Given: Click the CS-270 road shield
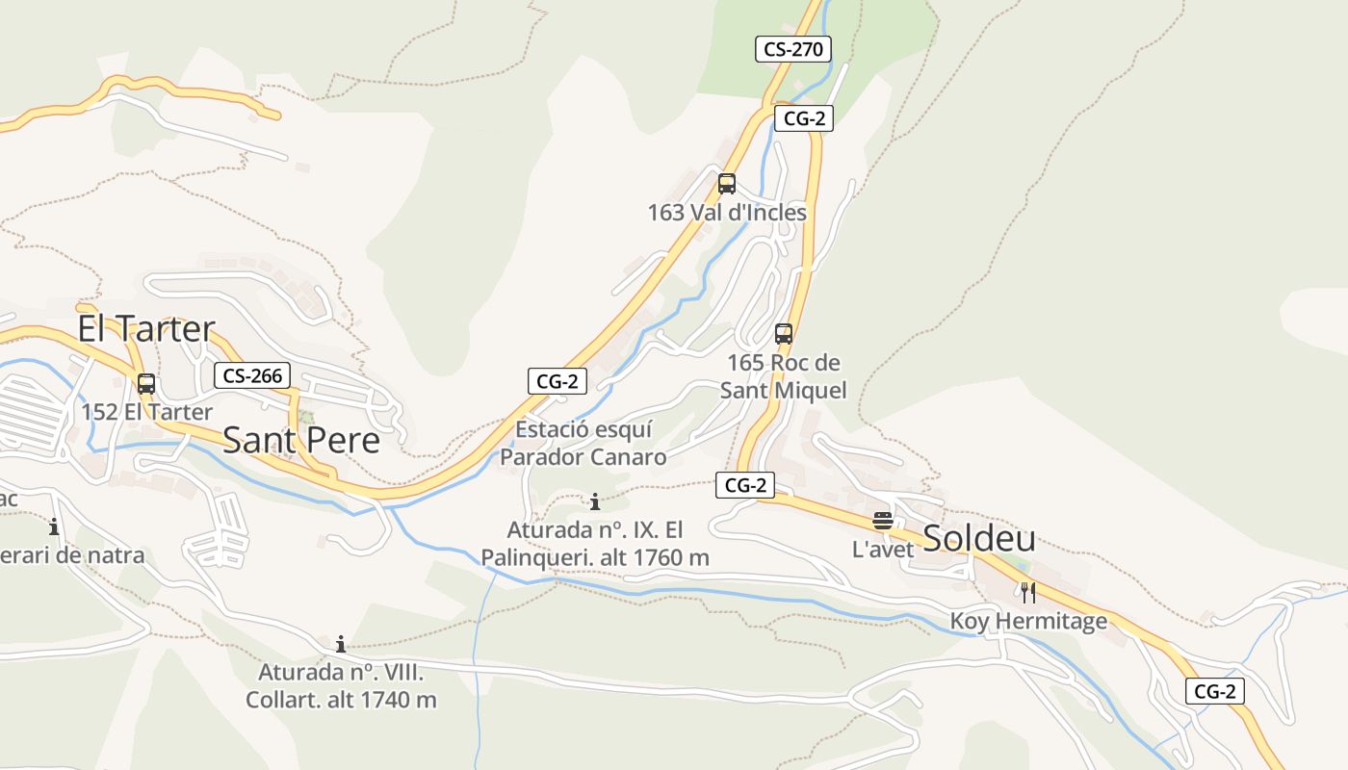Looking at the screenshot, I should coord(792,49).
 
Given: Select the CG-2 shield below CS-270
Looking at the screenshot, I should coord(803,118).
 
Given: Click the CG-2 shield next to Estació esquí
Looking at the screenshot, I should coord(557,381).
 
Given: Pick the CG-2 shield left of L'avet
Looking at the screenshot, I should coord(744,486).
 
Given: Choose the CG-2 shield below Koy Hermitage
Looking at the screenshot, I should coord(1214,691).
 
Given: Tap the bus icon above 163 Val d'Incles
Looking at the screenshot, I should coord(727,184).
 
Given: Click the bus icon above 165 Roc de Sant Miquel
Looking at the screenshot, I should coord(784,334).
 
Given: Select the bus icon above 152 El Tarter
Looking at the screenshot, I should coord(146,383).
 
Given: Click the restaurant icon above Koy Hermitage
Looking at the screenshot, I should coord(1028,592).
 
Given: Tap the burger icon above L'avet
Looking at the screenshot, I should coord(882,522).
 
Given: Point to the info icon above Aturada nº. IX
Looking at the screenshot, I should coord(595,501).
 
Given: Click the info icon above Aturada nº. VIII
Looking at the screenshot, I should coord(340,644).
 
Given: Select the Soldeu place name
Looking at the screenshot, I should coord(979,539).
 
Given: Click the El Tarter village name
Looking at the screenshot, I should coord(146,329).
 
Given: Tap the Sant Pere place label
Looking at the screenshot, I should coord(301,441).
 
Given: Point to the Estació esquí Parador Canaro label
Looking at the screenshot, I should coord(583,443).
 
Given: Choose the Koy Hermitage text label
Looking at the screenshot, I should coord(1028,622).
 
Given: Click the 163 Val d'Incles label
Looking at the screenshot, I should coord(727,213).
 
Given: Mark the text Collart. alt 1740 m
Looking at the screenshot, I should coord(341,700).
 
